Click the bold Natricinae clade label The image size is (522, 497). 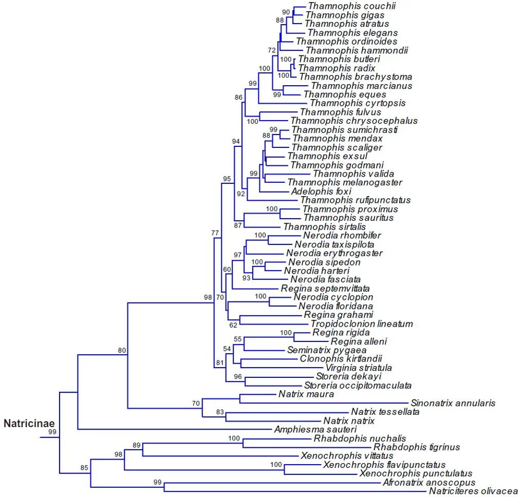tap(30, 424)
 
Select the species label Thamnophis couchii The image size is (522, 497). tap(352, 6)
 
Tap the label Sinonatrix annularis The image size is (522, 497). tap(453, 403)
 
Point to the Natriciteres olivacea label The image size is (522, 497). tap(473, 490)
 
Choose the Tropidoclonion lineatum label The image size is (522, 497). tap(362, 324)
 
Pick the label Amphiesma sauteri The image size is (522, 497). tap(315, 429)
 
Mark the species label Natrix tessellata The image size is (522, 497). tap(385, 412)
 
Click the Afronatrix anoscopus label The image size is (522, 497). tap(429, 482)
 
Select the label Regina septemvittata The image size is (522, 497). tap(325, 289)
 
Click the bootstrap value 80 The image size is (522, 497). tap(122, 351)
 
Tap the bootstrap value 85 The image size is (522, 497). tap(84, 468)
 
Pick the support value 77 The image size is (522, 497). tap(215, 234)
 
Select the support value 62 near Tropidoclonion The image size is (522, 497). tap(233, 324)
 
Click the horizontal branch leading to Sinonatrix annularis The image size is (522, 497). tap(324, 403)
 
